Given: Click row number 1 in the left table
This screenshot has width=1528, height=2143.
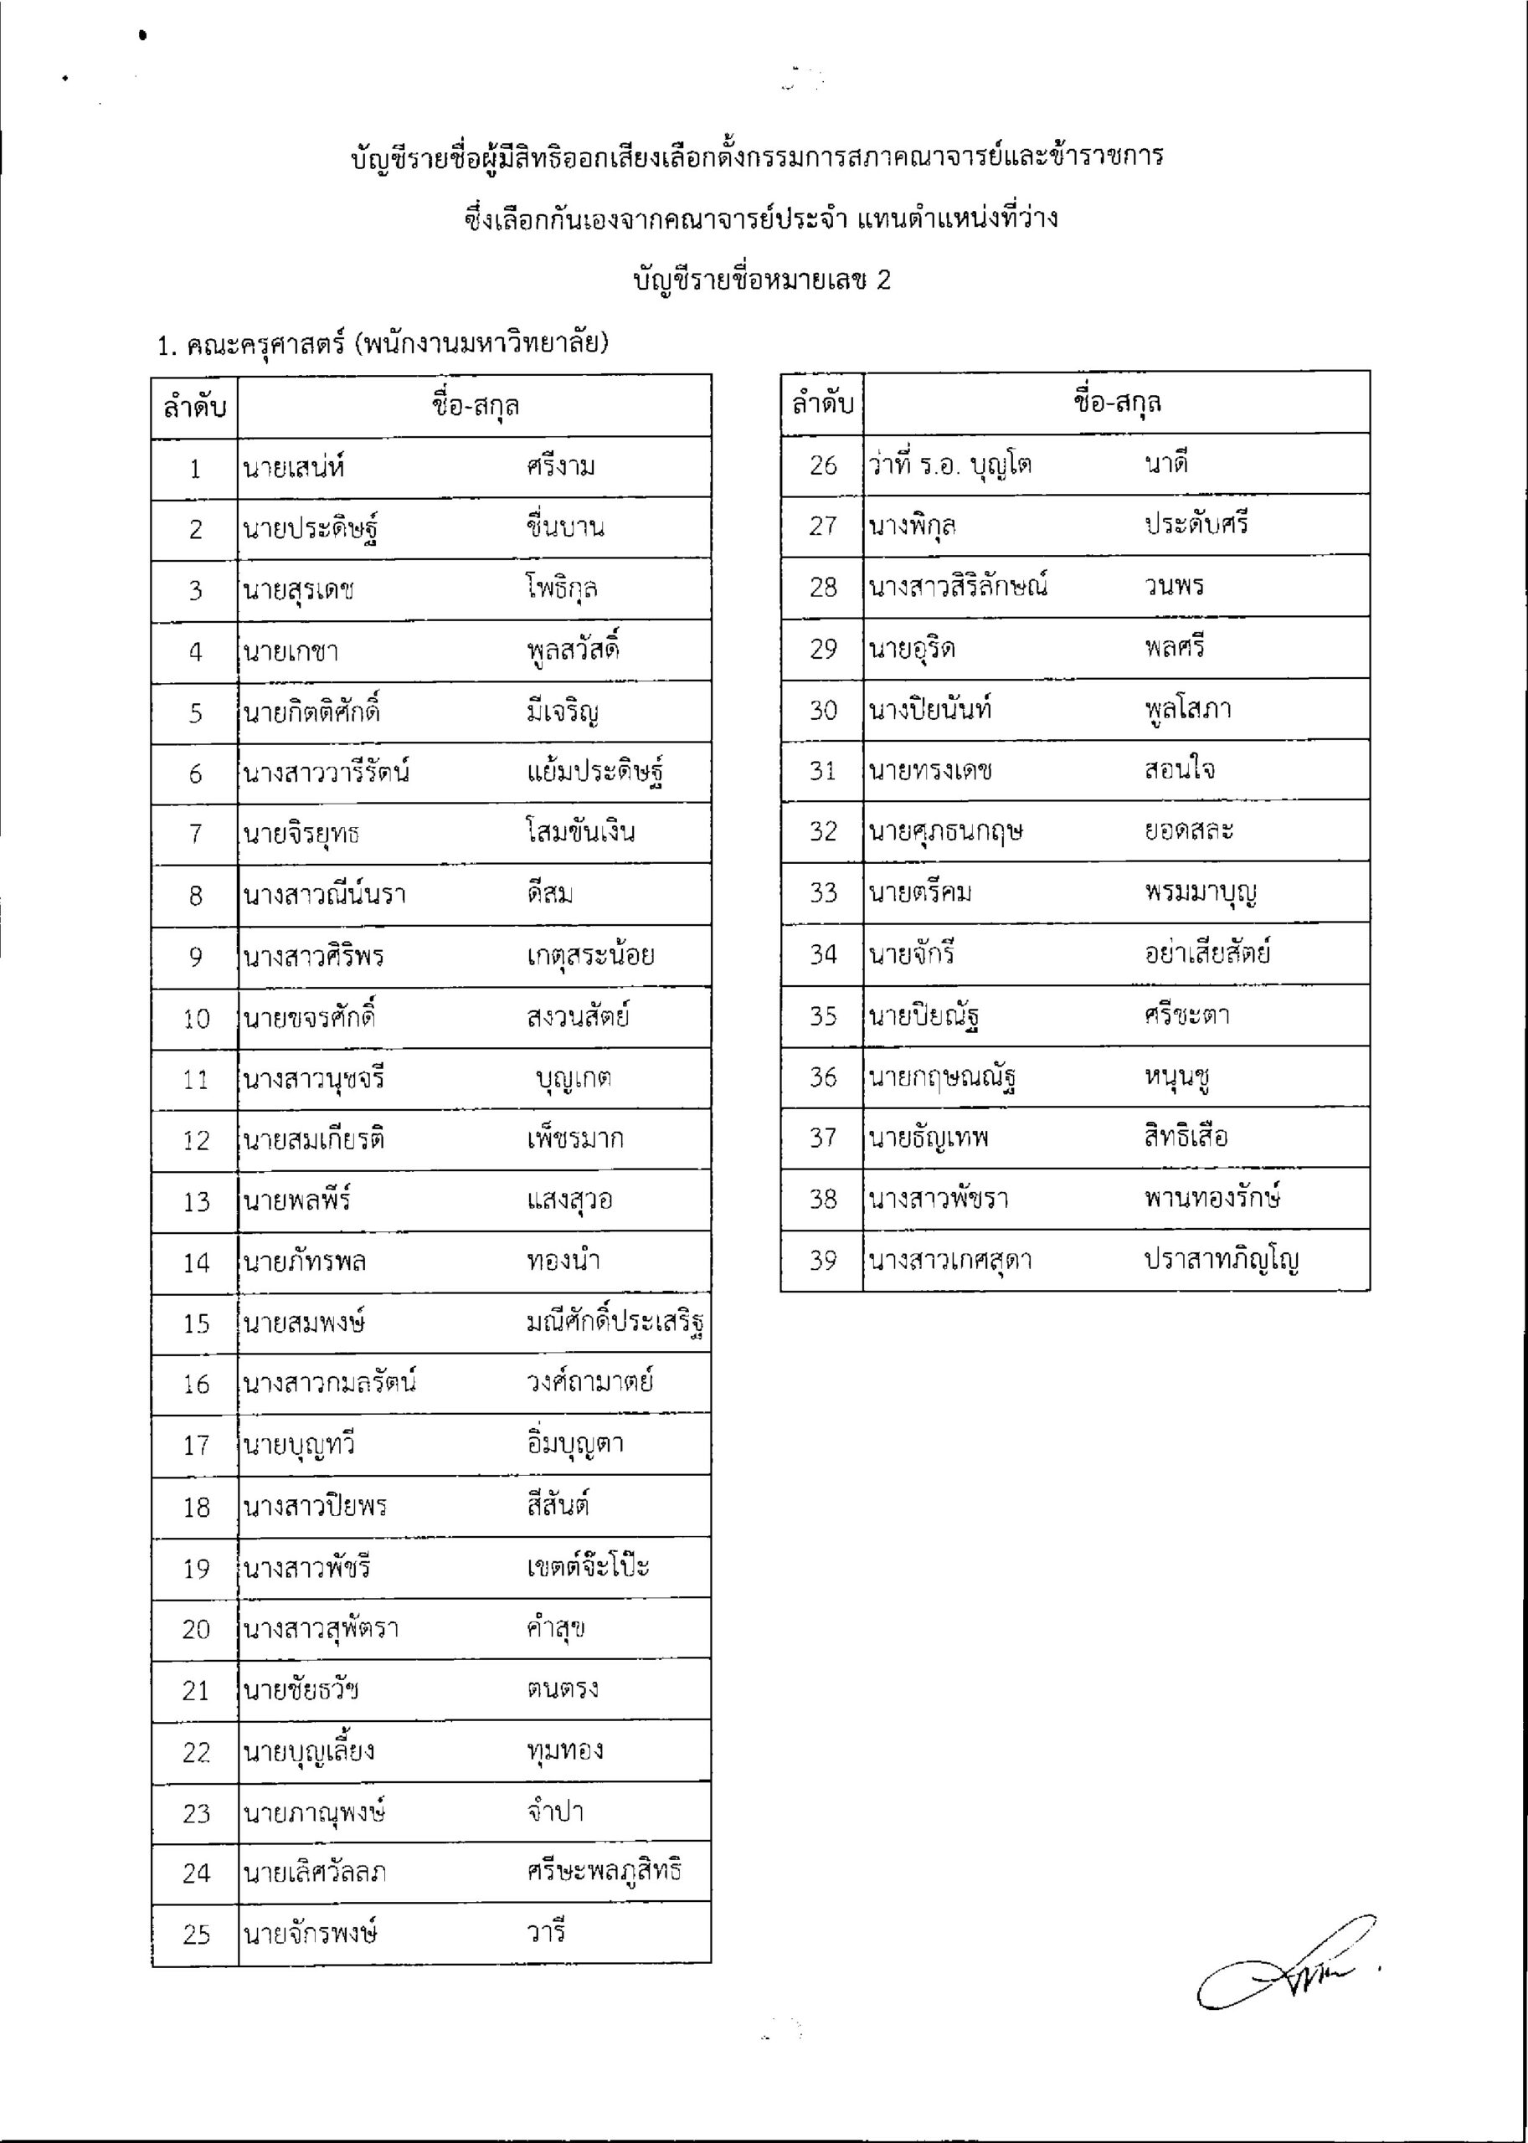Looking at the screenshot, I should pos(195,469).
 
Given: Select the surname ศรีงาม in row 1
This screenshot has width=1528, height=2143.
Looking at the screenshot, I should pos(562,466).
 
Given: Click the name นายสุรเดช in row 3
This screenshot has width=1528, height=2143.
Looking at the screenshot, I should pos(298,591).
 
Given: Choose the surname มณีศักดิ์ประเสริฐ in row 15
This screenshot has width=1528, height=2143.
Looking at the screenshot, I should pos(616,1323).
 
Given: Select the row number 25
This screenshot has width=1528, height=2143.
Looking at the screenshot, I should pos(196,1935).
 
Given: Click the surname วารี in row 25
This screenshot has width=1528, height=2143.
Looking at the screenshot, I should pos(547,1932).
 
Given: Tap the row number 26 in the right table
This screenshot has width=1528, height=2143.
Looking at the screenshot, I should pos(823,465).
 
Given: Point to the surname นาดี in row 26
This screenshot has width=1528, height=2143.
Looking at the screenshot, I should pos(1166,463).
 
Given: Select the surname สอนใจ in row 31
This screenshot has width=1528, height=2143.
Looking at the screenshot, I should pos(1180,769).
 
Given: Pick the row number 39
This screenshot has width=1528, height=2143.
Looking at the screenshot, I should pos(823,1261).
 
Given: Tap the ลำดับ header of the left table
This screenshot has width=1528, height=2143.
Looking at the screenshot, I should pos(195,406).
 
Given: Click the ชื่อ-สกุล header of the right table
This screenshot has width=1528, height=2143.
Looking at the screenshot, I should pos(1117,403).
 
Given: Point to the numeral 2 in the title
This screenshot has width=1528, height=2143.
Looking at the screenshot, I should pos(882,280).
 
